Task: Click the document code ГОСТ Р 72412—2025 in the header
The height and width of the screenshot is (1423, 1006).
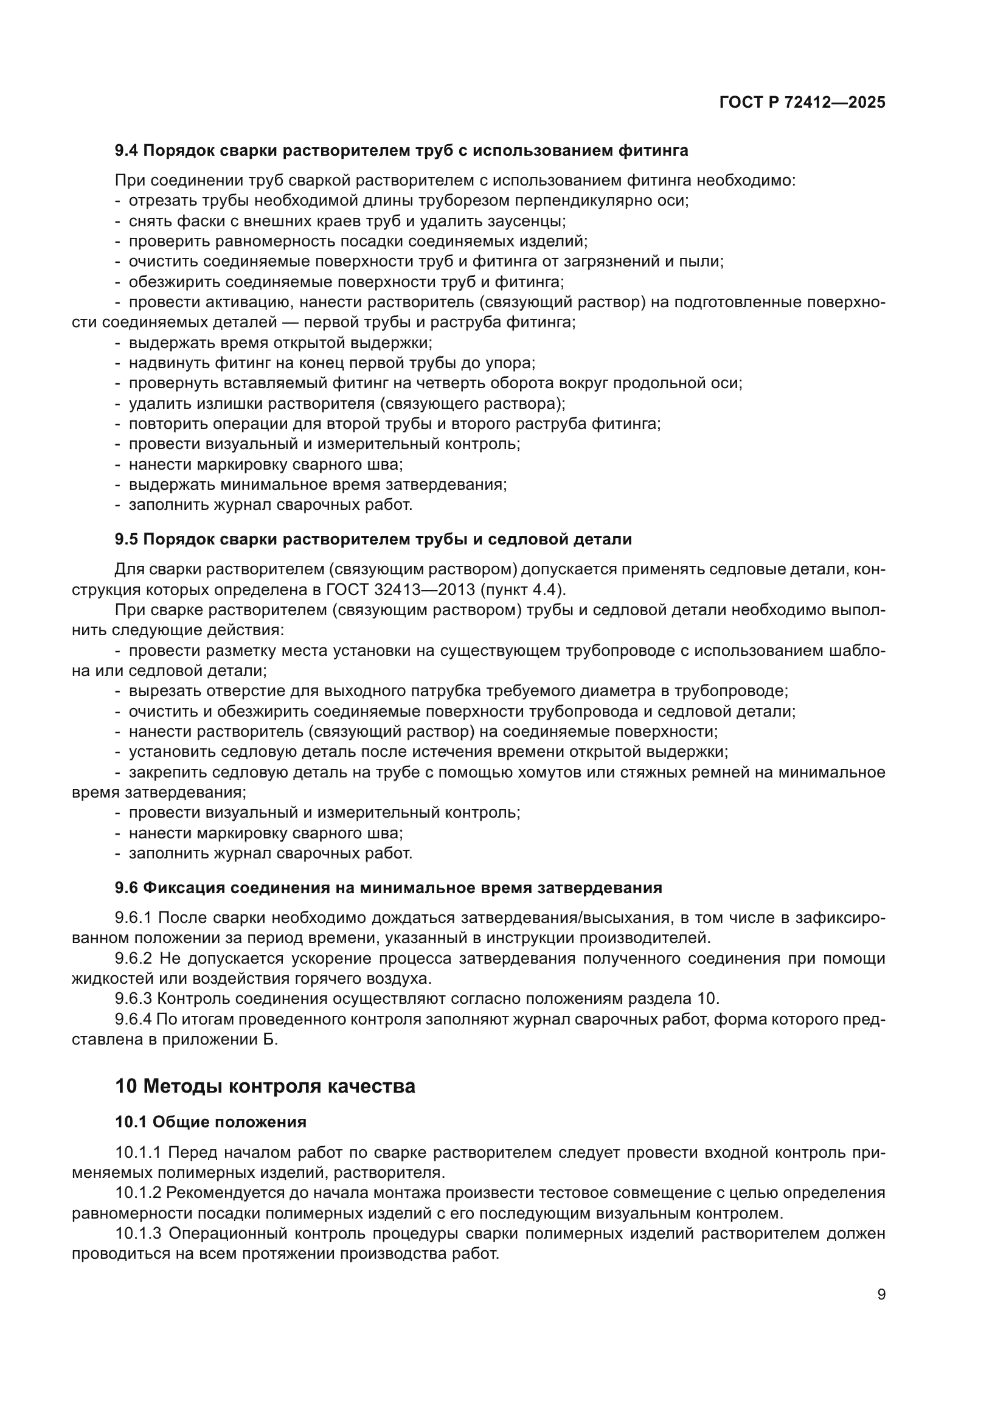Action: coord(802,102)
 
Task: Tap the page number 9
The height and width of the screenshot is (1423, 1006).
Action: coord(881,1295)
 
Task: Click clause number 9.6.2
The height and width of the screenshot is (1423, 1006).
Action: coord(134,959)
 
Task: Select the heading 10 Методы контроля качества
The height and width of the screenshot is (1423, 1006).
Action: coord(265,1087)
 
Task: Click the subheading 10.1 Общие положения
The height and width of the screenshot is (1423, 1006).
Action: coord(210,1122)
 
